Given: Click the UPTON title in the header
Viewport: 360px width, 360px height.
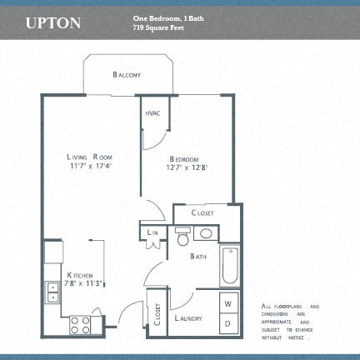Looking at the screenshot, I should [53, 22].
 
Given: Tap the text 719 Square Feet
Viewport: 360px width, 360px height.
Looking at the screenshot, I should [159, 27].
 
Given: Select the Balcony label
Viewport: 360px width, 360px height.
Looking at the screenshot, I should [127, 75].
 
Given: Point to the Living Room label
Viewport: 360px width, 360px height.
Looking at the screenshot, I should [91, 157].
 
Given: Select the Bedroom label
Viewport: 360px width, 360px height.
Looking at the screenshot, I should [184, 159].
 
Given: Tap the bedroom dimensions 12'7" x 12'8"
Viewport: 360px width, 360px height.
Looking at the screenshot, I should [186, 168].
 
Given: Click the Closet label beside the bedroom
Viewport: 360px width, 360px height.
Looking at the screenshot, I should [204, 213].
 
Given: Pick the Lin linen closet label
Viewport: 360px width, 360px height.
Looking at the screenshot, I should [153, 233].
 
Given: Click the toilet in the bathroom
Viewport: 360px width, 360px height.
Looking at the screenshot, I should [182, 238].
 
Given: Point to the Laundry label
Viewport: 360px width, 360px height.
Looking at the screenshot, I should [190, 318].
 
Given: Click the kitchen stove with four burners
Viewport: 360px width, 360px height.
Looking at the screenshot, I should [81, 324].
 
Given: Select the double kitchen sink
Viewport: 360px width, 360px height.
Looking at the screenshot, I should [52, 292].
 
